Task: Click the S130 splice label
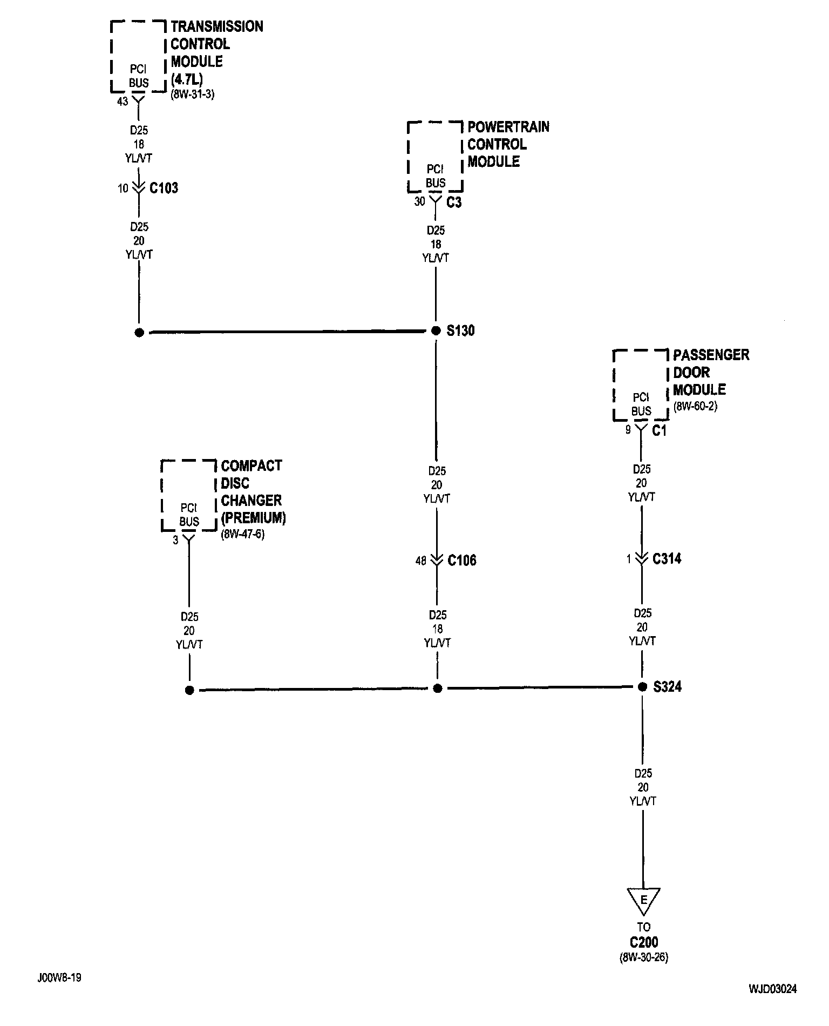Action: coord(460,330)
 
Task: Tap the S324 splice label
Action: coord(667,687)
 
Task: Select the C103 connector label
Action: coord(164,188)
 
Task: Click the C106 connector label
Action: coord(462,561)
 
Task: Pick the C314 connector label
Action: coord(667,559)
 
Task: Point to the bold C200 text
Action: coord(644,942)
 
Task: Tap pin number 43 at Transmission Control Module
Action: coord(123,102)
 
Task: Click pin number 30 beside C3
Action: coord(419,201)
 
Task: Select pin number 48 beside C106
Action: coord(421,561)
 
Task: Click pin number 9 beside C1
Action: coord(628,431)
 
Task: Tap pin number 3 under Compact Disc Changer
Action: coord(175,540)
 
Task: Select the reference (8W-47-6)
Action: coord(243,535)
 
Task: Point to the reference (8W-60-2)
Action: coord(695,406)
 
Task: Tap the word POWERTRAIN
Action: coord(508,127)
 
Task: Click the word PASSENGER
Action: coord(711,355)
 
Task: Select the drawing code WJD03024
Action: coord(772,989)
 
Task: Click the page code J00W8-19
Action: coord(59,978)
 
